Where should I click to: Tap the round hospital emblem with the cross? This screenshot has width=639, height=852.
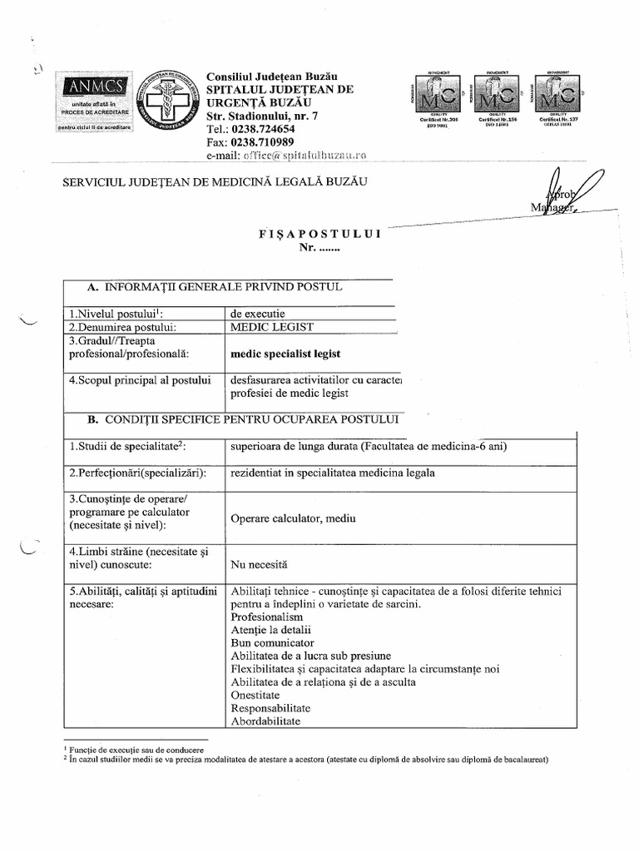click(x=169, y=104)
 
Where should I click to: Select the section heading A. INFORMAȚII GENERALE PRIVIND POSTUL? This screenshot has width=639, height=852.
click(x=214, y=287)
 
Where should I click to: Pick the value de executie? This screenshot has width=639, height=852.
click(x=258, y=314)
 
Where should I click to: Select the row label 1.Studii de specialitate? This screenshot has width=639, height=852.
click(x=127, y=447)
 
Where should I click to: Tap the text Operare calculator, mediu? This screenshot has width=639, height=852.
click(x=293, y=518)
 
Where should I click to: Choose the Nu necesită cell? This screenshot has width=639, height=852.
click(x=259, y=564)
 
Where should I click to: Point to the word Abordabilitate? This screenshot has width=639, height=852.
click(x=265, y=722)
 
